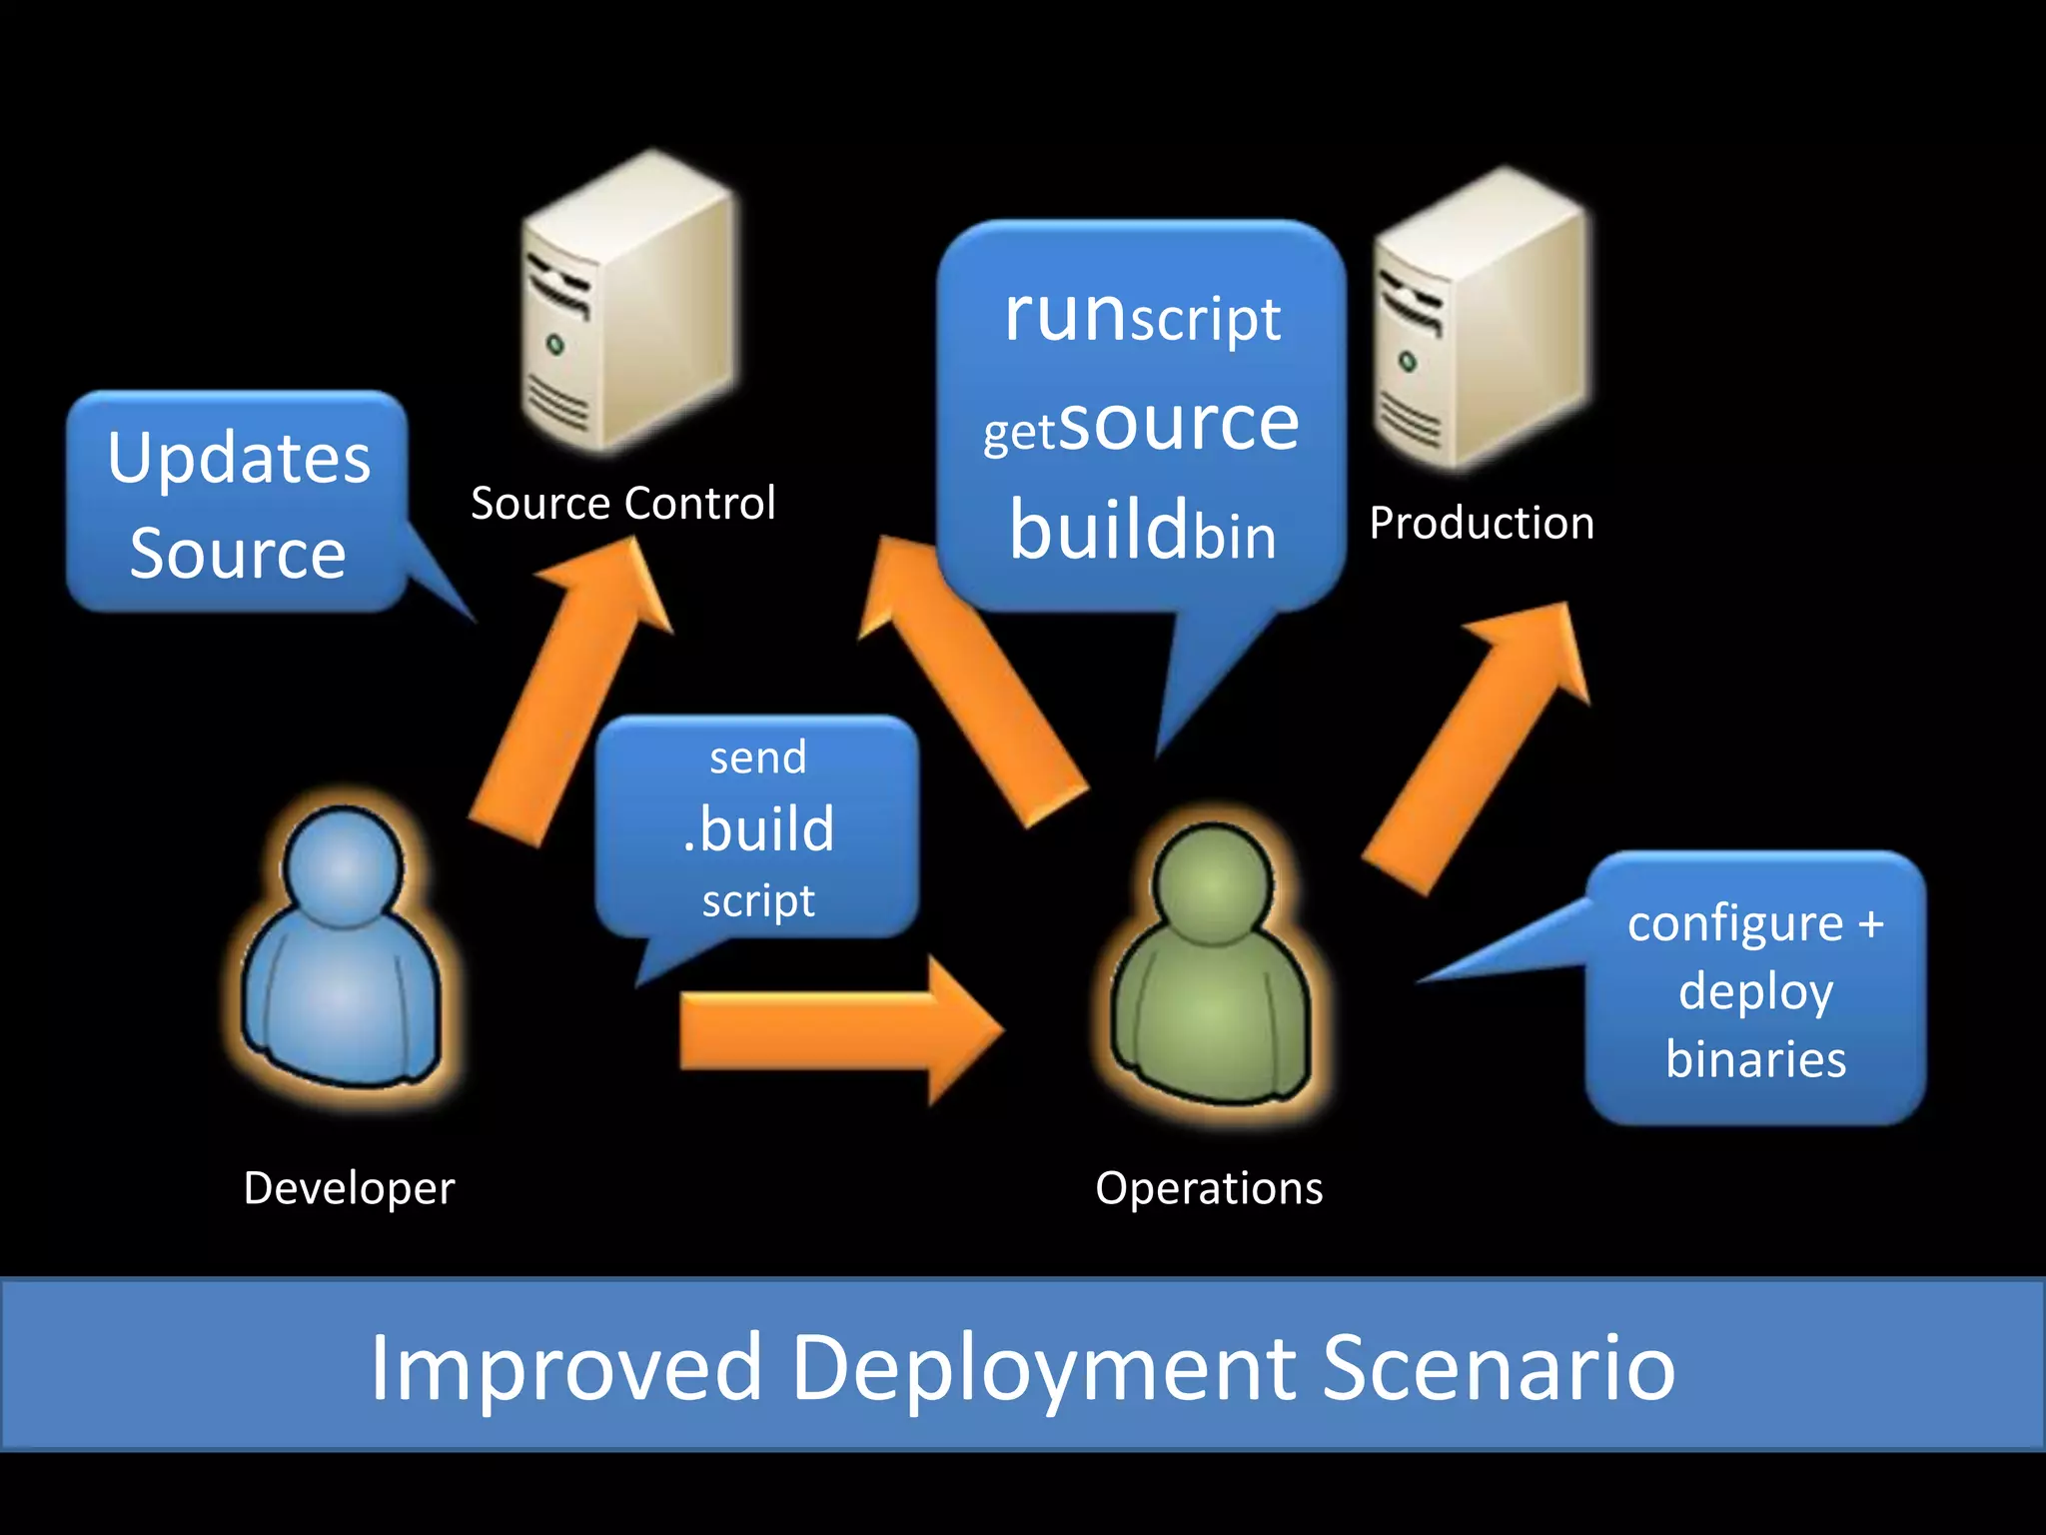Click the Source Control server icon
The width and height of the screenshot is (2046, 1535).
(x=629, y=305)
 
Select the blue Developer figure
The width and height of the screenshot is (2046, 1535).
(x=343, y=949)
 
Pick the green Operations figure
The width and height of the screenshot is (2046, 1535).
(x=1211, y=964)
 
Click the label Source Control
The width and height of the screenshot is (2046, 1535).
(x=622, y=503)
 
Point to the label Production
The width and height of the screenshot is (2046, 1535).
(x=1481, y=524)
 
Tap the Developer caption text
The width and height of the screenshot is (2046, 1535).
(x=349, y=1188)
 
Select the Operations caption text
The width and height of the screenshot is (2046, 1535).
(x=1209, y=1188)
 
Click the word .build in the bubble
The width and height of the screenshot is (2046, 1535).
(x=759, y=829)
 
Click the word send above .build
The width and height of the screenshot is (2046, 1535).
(x=757, y=758)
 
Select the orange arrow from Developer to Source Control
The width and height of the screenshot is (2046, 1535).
(x=569, y=690)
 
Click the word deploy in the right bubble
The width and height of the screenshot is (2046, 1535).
(x=1755, y=992)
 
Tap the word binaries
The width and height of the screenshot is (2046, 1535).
(x=1755, y=1059)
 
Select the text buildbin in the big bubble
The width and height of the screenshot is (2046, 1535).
(x=1142, y=531)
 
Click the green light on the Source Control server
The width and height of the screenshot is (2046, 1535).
(x=555, y=346)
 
